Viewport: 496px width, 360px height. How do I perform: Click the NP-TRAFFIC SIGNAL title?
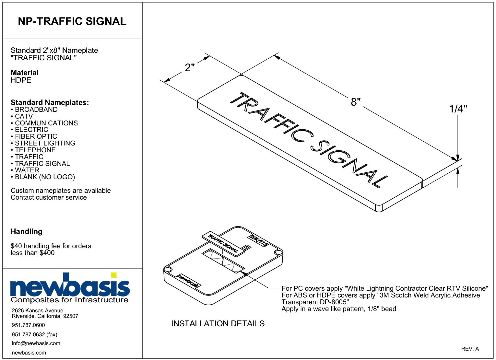[x=72, y=21]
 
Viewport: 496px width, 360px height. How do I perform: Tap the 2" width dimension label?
[x=190, y=67]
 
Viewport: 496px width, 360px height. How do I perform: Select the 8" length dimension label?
[x=356, y=101]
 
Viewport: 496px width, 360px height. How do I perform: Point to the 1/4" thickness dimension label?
[x=458, y=109]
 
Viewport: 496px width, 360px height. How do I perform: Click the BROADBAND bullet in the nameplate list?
[x=34, y=110]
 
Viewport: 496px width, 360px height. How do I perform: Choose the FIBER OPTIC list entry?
[x=34, y=136]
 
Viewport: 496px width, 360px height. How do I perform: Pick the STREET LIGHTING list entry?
[x=43, y=143]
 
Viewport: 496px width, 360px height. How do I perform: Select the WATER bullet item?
[x=25, y=170]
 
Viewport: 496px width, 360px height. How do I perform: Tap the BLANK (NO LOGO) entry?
[x=43, y=177]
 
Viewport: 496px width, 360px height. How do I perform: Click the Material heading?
[x=25, y=73]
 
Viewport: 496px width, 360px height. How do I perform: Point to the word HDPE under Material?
[x=21, y=80]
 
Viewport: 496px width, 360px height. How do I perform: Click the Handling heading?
[x=27, y=231]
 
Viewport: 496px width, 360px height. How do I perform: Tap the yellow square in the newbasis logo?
[x=114, y=275]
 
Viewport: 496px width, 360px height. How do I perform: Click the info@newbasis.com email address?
[x=36, y=343]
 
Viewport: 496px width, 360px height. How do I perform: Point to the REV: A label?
[x=470, y=349]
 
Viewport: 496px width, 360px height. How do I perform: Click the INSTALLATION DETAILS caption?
[x=218, y=323]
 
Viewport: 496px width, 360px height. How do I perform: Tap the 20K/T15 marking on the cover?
[x=259, y=240]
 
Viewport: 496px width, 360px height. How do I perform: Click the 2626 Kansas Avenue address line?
[x=37, y=310]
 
